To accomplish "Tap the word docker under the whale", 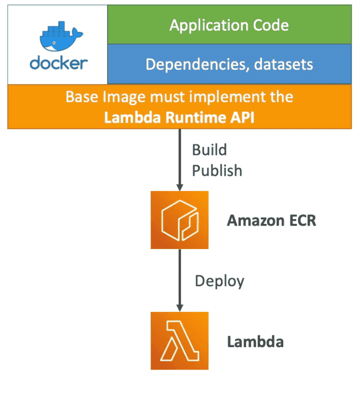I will coord(58,63).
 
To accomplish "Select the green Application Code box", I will coord(229,25).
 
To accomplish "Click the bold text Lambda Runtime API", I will coord(180,116).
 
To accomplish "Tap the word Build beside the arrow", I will coord(209,151).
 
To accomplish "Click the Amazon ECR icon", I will coord(180,219).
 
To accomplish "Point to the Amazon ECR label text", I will coord(271,220).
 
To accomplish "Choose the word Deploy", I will coord(219,281).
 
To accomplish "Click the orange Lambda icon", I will coord(180,340).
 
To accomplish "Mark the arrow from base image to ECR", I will coord(180,159).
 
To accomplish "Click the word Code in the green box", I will coord(270,25).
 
